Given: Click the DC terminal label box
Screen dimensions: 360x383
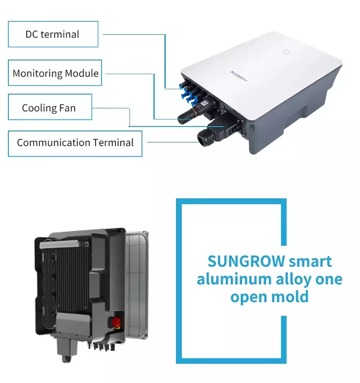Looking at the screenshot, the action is pos(53,34).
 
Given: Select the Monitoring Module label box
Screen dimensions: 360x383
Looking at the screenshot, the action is pos(55,73).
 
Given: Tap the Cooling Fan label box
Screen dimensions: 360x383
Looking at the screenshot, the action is pos(50,107).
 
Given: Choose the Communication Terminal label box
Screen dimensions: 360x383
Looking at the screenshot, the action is pos(75,144).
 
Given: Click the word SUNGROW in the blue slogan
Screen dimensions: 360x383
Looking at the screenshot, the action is pos(246,261).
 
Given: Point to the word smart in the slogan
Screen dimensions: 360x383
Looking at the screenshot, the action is pos(310,262).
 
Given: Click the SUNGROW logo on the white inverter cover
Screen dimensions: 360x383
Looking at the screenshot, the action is pos(239,76).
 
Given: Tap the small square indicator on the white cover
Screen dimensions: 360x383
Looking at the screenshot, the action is pos(286,52).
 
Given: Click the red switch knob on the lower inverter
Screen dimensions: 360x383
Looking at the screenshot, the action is pos(116,322).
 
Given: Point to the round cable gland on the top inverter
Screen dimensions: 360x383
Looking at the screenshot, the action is pos(203,138).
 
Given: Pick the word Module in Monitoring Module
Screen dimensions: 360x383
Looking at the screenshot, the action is pos(82,73).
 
